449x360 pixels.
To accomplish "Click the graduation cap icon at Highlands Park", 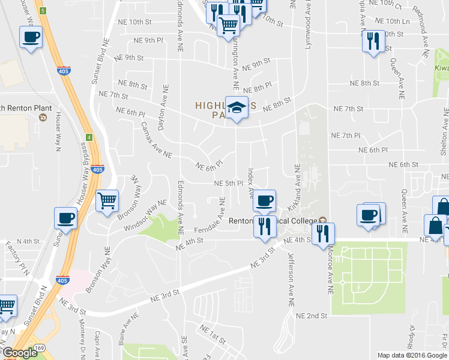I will [x=237, y=107].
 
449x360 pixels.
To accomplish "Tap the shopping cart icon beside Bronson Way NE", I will [x=107, y=201].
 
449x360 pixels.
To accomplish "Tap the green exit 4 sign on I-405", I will [x=89, y=137].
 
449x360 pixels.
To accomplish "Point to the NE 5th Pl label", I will [x=228, y=183].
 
